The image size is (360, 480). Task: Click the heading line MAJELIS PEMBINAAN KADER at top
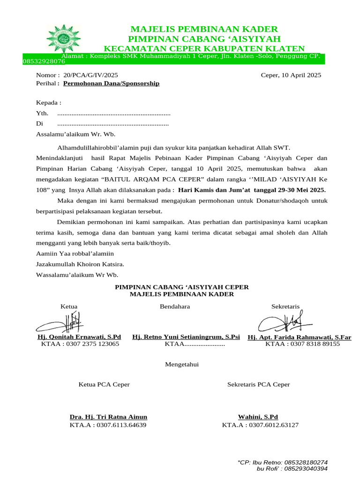coord(204,29)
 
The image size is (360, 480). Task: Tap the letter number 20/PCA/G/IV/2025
coord(87,75)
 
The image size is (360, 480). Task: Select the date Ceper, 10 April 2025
coord(291,75)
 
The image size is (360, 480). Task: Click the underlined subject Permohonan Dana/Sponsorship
coord(111,83)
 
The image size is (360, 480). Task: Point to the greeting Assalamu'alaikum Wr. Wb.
coord(75,134)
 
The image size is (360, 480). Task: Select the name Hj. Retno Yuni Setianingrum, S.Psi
coord(186,337)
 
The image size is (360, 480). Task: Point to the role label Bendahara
coord(175,307)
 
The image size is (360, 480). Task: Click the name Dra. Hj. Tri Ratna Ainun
coord(108,417)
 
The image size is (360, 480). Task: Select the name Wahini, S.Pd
coord(258,417)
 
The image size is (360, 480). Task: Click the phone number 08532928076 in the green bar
coord(44,61)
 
